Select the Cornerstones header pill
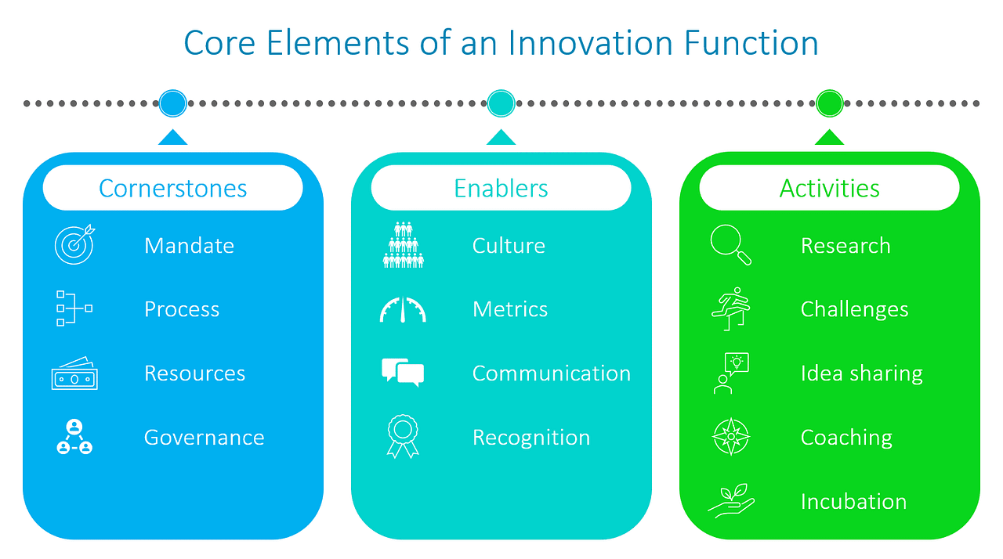tap(172, 189)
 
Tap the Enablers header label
tap(501, 189)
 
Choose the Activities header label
tap(829, 189)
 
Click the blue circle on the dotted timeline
tap(172, 103)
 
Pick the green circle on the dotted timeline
tap(829, 103)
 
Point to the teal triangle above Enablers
tap(501, 138)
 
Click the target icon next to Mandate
tap(74, 245)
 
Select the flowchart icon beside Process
tap(74, 309)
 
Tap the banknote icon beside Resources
tap(74, 373)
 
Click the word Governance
tap(204, 438)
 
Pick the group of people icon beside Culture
tap(403, 245)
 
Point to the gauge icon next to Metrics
tap(403, 310)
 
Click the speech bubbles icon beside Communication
tap(403, 373)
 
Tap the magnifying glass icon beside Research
tap(731, 245)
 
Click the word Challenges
tap(854, 310)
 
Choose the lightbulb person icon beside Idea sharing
tap(731, 373)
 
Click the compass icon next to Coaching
tap(731, 437)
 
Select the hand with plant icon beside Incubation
tap(731, 501)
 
